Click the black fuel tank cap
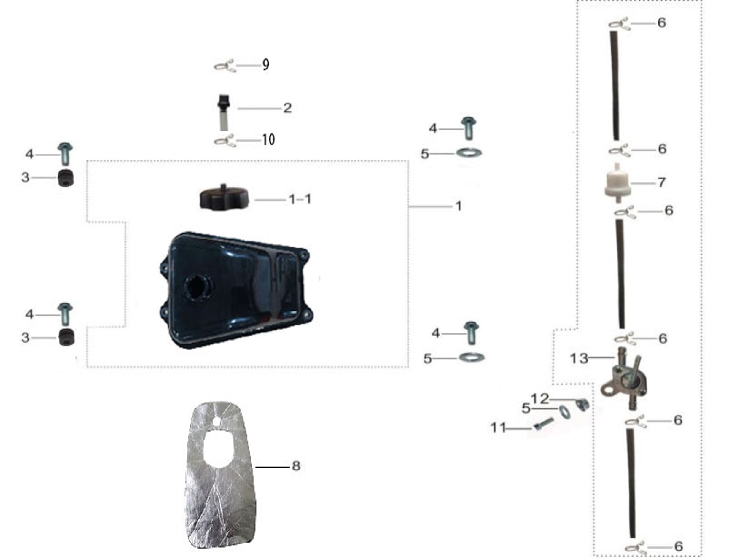[x=224, y=198]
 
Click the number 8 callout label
[x=296, y=466]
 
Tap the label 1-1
[x=300, y=199]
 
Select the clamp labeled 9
[x=225, y=66]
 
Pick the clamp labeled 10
[x=225, y=141]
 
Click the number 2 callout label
[x=287, y=108]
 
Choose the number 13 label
[x=579, y=358]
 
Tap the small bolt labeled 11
[x=544, y=424]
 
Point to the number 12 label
[x=540, y=399]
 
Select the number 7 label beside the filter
[x=661, y=182]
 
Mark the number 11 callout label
[x=499, y=427]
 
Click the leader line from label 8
[x=272, y=467]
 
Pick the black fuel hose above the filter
[x=615, y=86]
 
